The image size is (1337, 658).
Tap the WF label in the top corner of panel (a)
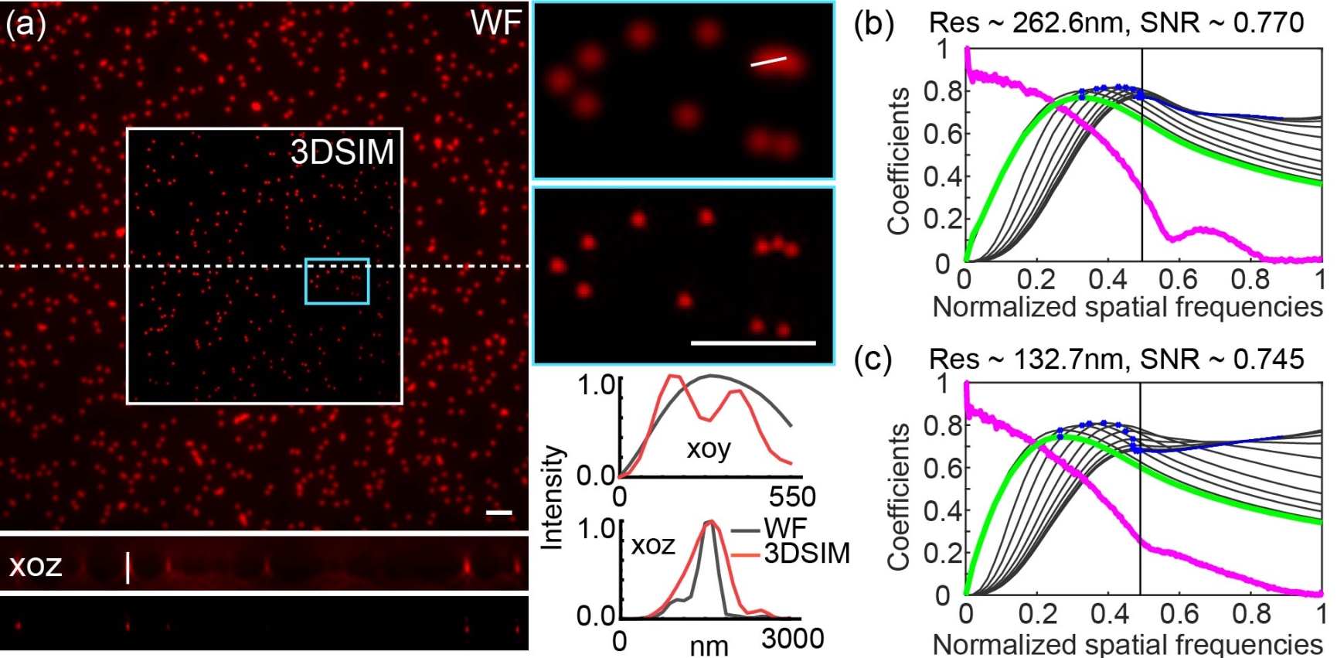pyautogui.click(x=495, y=23)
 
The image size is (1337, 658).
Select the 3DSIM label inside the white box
pyautogui.click(x=342, y=152)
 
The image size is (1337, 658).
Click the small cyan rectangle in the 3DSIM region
pyautogui.click(x=337, y=281)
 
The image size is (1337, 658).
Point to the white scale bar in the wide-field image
pyautogui.click(x=499, y=512)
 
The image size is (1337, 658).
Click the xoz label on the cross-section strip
pyautogui.click(x=35, y=565)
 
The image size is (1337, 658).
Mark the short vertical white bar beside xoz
pyautogui.click(x=128, y=568)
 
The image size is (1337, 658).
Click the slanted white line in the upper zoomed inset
pyautogui.click(x=768, y=61)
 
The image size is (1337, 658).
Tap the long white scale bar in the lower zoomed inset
pyautogui.click(x=753, y=342)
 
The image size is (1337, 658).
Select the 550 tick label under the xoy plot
pyautogui.click(x=792, y=496)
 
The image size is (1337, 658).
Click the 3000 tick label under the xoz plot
pyautogui.click(x=792, y=639)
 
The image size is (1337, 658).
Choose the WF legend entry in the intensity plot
pyautogui.click(x=784, y=529)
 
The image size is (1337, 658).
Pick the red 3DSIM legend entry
pyautogui.click(x=806, y=553)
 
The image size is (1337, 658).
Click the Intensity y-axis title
pyautogui.click(x=551, y=497)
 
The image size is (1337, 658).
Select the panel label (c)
pyautogui.click(x=873, y=360)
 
